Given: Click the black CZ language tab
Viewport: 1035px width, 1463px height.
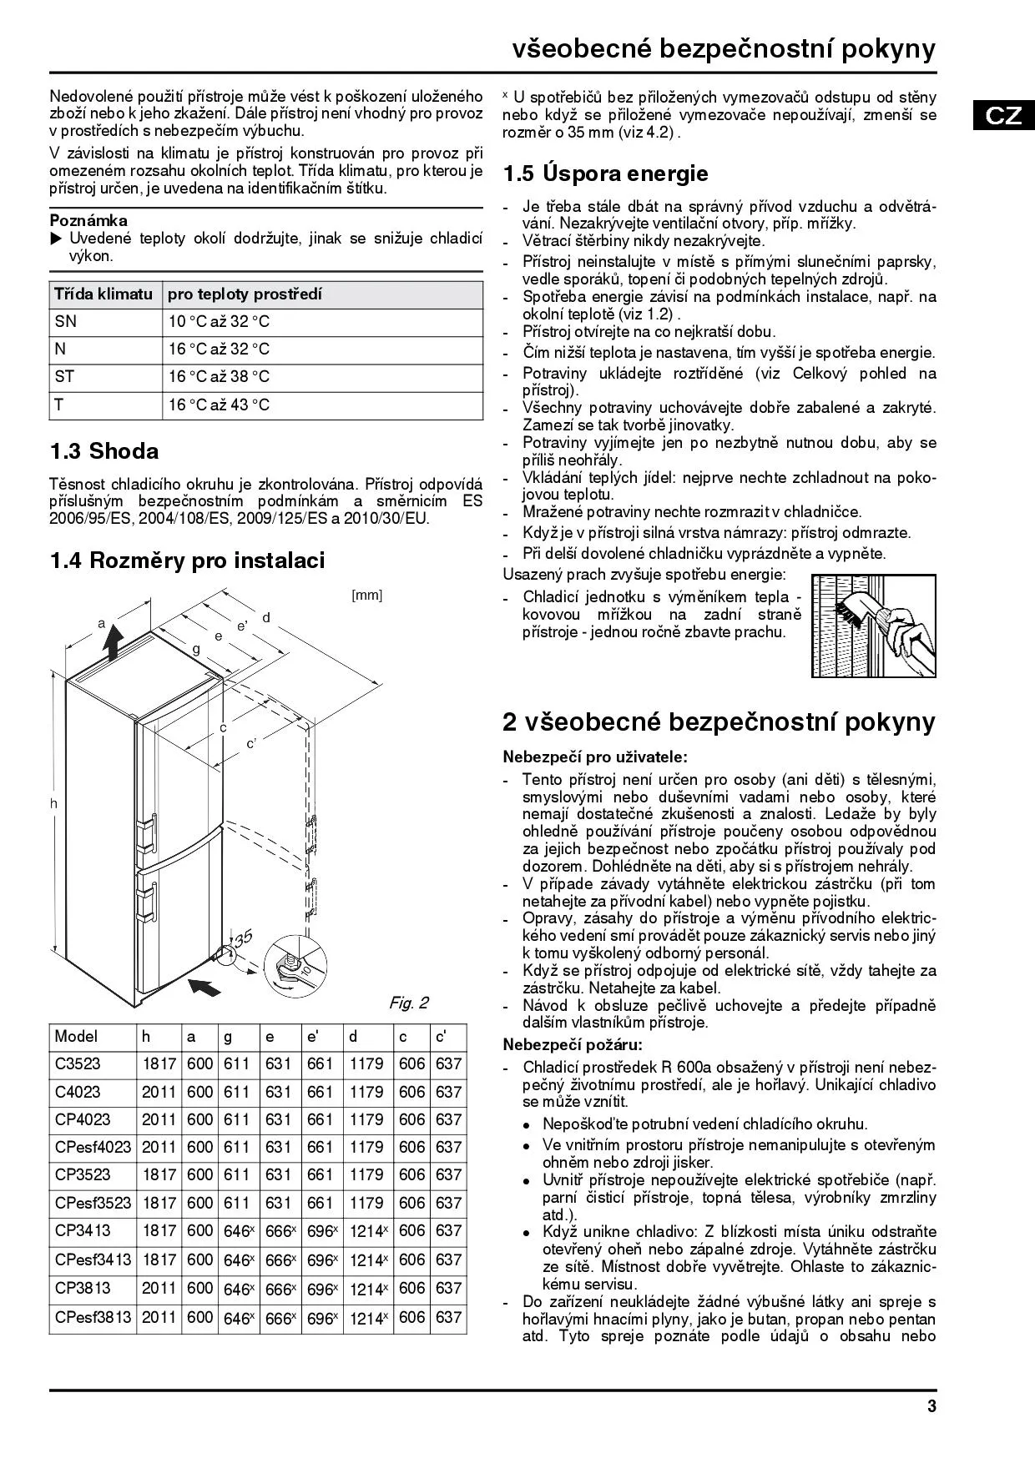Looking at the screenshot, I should (1003, 114).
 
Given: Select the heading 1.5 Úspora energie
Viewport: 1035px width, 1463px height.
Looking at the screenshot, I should (605, 173).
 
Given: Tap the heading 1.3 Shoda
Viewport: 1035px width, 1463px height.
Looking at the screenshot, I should (103, 451).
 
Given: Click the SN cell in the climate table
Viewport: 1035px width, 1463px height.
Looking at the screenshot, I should (65, 322).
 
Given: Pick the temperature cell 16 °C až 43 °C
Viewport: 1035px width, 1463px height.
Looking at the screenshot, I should (219, 405).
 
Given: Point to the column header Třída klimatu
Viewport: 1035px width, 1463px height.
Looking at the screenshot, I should (103, 294).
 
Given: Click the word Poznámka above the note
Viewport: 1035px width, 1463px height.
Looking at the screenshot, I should (88, 220).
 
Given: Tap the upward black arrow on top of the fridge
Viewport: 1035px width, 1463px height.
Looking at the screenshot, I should (111, 643).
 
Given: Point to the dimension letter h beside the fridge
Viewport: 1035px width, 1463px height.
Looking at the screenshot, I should (53, 803).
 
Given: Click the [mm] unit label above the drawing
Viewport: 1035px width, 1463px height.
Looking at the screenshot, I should (366, 596).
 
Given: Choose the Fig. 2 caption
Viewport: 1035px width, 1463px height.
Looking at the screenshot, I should (408, 1003).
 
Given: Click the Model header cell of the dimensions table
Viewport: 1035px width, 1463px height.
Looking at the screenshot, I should (76, 1037).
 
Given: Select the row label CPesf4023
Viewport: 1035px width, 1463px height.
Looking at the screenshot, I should (93, 1147).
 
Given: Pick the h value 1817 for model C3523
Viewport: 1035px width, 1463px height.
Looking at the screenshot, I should (159, 1064).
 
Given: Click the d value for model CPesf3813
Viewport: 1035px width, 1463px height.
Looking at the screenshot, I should (367, 1318).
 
